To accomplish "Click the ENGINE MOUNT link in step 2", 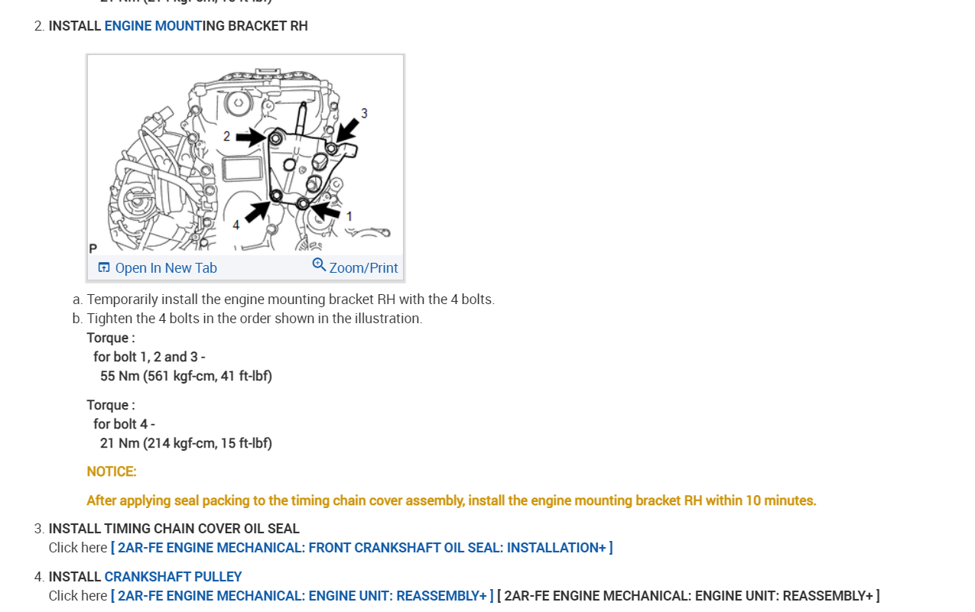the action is [153, 26].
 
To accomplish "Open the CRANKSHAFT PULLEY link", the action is [173, 577].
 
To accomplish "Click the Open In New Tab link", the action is [166, 268].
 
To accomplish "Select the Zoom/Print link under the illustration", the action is [363, 268].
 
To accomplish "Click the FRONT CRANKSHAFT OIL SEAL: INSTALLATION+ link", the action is [362, 548].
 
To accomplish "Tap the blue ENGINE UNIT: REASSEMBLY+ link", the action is [302, 596].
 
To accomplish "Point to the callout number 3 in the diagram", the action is [364, 113].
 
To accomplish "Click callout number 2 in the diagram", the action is [226, 136].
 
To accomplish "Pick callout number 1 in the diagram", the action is [349, 216].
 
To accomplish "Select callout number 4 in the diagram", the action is [236, 225].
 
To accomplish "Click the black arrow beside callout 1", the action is [327, 209].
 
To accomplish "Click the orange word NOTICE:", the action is [112, 471].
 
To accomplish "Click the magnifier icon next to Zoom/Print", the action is [319, 265].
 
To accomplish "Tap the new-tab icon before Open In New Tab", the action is [104, 267].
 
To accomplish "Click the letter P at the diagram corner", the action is [93, 248].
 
